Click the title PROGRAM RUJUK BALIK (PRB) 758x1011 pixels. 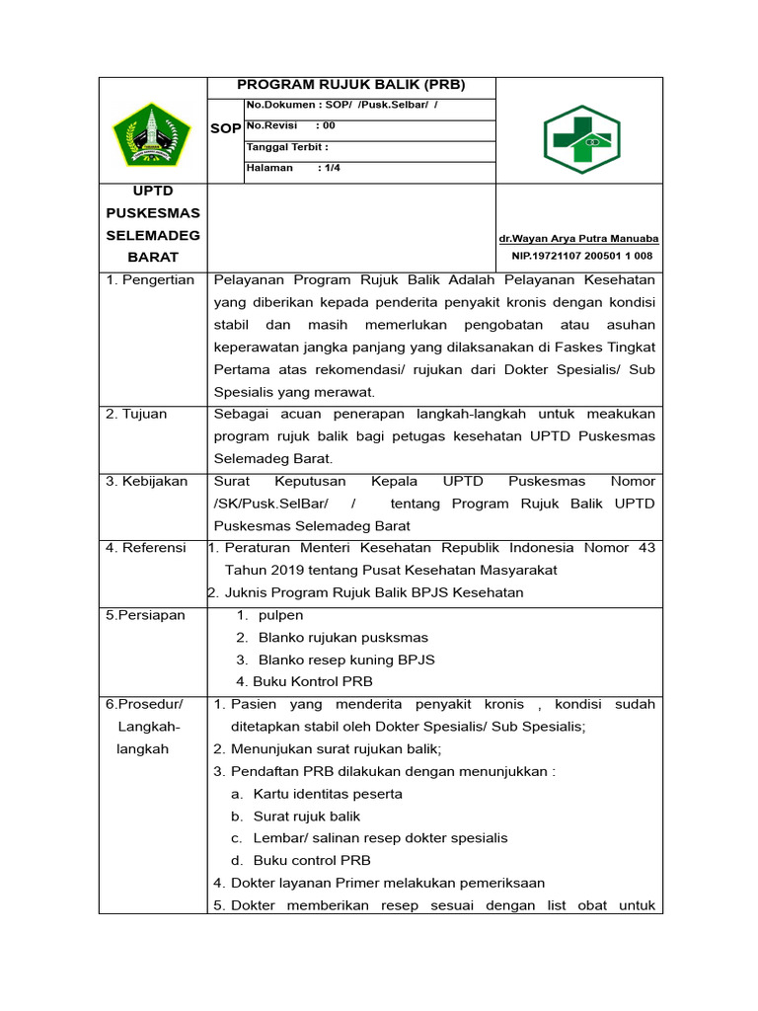tap(350, 85)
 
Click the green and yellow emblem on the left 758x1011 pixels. tap(152, 134)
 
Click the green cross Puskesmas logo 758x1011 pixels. tap(581, 139)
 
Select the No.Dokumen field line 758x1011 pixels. tap(341, 105)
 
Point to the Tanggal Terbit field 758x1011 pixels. tap(287, 147)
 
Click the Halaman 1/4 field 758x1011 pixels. tap(293, 168)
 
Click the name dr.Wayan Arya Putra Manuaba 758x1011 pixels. tap(579, 239)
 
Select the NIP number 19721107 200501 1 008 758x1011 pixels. tap(581, 256)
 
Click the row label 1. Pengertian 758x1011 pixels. tap(150, 280)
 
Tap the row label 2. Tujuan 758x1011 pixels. tap(136, 415)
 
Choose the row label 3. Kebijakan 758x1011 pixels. tap(146, 482)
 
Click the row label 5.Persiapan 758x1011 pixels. tap(145, 615)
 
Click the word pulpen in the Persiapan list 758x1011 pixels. tap(280, 615)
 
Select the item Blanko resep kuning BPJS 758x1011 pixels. tap(345, 660)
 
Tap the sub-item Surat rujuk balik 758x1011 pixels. tap(307, 817)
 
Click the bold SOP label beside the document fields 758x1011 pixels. tap(225, 129)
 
